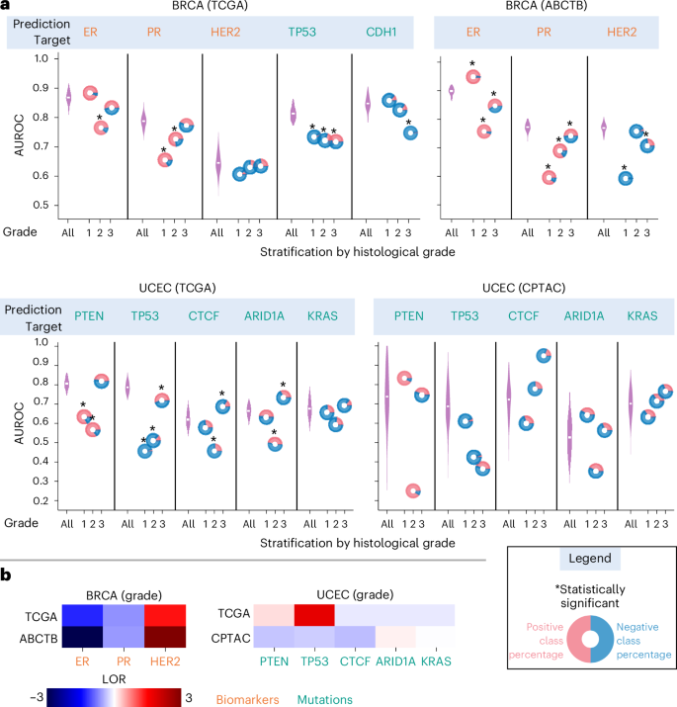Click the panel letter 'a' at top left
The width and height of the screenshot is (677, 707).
tap(6, 8)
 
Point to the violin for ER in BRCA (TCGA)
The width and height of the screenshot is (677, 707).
tap(67, 98)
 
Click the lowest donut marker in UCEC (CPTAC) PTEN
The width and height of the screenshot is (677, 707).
tap(413, 490)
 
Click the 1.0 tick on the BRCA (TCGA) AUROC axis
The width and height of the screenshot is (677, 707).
tap(41, 59)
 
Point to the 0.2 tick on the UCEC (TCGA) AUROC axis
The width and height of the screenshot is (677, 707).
tap(41, 501)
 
